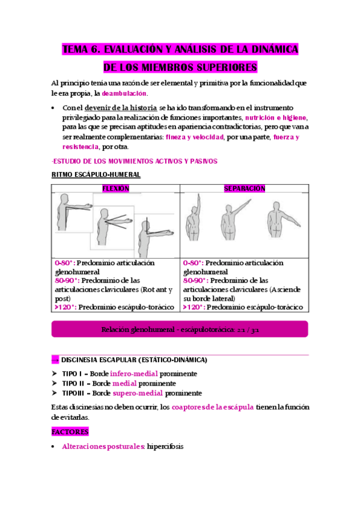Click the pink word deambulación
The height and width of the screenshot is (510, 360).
tap(124, 94)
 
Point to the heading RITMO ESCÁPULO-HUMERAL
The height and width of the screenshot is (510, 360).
tap(97, 175)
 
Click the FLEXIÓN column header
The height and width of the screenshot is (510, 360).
tap(116, 189)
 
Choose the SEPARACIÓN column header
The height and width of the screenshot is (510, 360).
tap(245, 189)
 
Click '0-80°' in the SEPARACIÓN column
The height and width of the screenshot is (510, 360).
tap(191, 263)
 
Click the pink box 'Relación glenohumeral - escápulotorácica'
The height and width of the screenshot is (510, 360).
tap(180, 329)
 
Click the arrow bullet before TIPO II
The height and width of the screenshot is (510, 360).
tap(55, 384)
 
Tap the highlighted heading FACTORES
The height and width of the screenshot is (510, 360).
tap(70, 431)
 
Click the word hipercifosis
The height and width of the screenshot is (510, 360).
tap(163, 447)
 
